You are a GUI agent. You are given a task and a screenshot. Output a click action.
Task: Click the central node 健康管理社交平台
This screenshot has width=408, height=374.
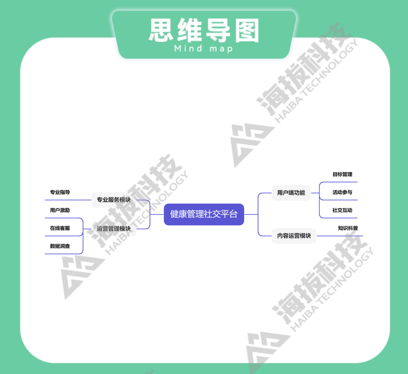tap(204, 214)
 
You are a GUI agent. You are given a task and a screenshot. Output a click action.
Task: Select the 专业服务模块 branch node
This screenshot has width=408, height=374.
tap(114, 200)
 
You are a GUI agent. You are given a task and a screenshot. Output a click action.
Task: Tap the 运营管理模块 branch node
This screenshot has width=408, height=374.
tap(114, 229)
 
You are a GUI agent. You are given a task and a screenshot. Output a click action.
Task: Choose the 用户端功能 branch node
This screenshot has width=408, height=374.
tap(291, 193)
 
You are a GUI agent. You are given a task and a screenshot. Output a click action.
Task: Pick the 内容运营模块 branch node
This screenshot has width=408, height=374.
tap(294, 236)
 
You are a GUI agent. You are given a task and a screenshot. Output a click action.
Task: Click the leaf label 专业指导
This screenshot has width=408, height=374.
tap(60, 192)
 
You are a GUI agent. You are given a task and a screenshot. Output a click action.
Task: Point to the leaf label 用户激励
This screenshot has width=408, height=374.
tap(60, 210)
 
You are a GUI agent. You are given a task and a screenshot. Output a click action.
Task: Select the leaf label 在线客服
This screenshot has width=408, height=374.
tap(60, 228)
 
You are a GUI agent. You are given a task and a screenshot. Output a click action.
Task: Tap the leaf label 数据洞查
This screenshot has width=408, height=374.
tap(60, 246)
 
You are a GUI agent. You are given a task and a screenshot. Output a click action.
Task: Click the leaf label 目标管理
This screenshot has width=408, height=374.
tap(342, 174)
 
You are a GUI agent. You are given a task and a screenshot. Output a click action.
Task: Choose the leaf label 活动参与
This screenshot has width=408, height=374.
tap(342, 192)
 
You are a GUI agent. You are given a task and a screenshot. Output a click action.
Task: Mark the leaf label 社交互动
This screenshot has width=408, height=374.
tap(342, 210)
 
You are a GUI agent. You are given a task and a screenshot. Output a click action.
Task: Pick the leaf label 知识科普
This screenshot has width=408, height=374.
tap(348, 228)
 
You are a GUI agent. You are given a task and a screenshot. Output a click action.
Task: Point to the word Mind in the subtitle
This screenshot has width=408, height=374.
tap(188, 49)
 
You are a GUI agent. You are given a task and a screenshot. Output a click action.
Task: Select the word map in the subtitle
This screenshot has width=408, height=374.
tap(221, 49)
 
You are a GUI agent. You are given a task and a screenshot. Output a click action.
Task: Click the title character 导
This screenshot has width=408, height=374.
tap(218, 30)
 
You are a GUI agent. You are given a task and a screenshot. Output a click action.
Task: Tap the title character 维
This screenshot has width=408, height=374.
tap(190, 30)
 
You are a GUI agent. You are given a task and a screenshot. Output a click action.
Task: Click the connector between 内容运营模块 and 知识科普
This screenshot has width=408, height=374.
tap(340, 236)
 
